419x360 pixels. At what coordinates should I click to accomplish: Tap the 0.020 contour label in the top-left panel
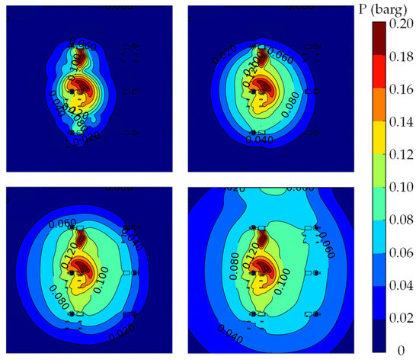(x=85, y=137)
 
